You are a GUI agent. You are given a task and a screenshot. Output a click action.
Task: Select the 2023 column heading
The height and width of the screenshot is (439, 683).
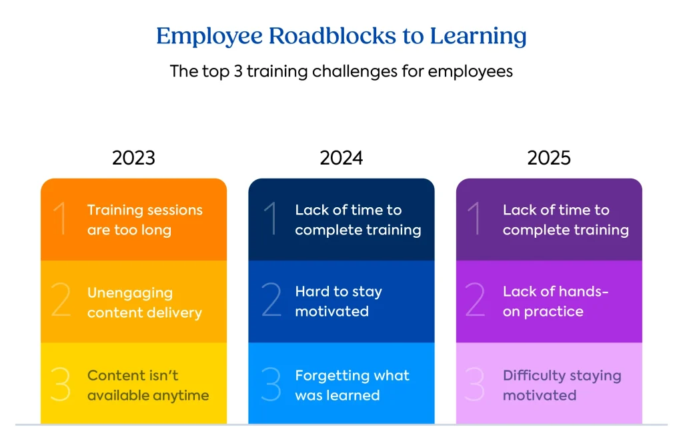point(133,158)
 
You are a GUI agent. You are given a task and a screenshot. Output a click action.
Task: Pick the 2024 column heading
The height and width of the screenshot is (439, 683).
point(341,158)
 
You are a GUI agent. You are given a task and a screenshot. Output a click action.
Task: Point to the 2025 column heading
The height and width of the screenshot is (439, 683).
point(549,158)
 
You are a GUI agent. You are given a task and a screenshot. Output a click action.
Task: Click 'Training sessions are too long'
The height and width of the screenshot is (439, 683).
point(144,220)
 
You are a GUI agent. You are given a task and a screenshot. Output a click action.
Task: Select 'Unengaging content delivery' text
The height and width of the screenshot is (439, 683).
point(144,302)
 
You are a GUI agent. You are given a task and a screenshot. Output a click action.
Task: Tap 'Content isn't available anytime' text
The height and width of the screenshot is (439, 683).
point(147,385)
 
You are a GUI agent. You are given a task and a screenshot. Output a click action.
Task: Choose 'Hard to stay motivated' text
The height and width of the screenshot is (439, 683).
point(338,301)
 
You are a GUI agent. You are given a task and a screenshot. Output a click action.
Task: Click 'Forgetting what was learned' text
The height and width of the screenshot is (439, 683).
point(352,385)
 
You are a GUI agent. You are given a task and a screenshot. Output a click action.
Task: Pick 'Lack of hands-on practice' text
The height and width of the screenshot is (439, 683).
point(556,301)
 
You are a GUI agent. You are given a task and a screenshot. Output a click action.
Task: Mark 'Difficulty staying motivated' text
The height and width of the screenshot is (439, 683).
point(562,385)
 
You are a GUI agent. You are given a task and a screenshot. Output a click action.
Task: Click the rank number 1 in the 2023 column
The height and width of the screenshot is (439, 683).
point(61,220)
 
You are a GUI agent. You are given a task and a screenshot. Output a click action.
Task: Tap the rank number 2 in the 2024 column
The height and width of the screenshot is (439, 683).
point(271,301)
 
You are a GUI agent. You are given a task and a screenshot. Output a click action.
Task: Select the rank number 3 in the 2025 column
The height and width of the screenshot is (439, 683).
point(475,385)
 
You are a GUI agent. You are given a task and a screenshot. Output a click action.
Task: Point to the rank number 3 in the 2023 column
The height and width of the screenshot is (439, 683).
point(61,385)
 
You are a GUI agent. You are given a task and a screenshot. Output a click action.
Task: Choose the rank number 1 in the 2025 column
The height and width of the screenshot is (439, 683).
point(476,220)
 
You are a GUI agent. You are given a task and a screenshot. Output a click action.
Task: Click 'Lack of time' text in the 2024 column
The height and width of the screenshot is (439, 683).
point(348,210)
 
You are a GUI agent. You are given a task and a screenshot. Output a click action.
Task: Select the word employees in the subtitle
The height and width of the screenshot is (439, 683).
point(470,71)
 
